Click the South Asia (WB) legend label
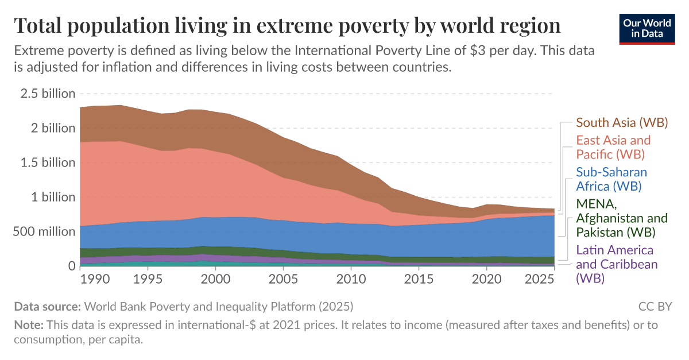pyautogui.click(x=622, y=122)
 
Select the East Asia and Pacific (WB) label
pyautogui.click(x=613, y=147)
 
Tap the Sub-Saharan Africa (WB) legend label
pyautogui.click(x=611, y=179)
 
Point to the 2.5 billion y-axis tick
pyautogui.click(x=48, y=94)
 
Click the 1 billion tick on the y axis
pyautogui.click(x=53, y=197)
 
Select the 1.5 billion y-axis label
pyautogui.click(x=48, y=162)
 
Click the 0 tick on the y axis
pyautogui.click(x=72, y=266)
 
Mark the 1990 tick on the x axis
pyautogui.click(x=95, y=279)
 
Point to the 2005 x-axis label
pyautogui.click(x=282, y=279)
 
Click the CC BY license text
pyautogui.click(x=655, y=306)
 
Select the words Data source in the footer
pyautogui.click(x=48, y=306)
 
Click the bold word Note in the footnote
pyautogui.click(x=28, y=325)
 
